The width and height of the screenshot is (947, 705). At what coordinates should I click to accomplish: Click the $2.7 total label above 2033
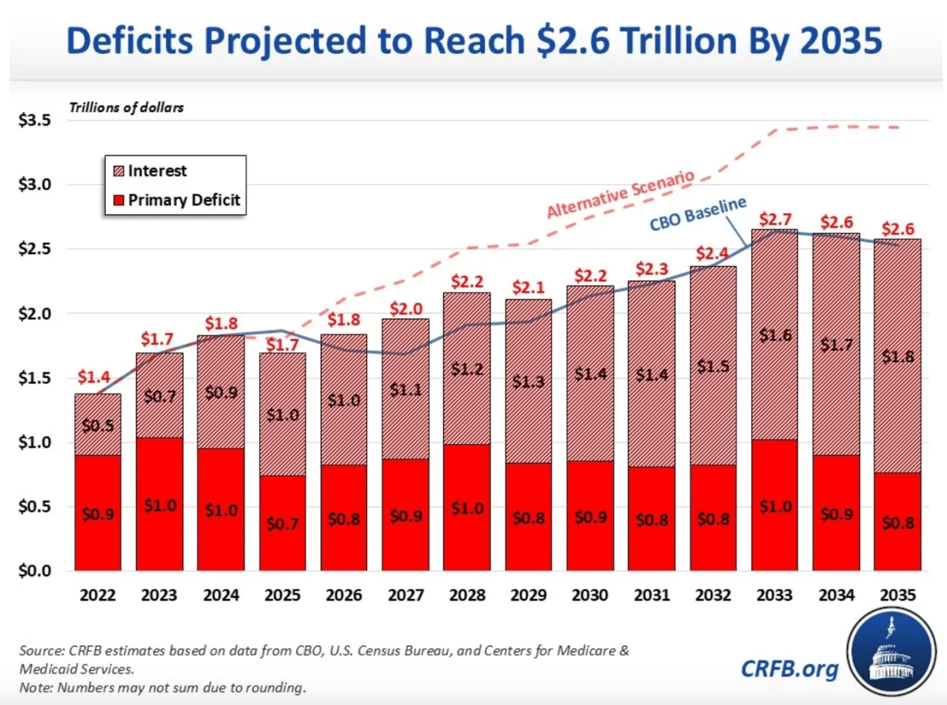(775, 219)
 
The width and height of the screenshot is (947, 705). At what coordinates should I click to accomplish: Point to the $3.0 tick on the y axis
(34, 184)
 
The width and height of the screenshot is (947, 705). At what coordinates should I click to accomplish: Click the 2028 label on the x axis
(467, 595)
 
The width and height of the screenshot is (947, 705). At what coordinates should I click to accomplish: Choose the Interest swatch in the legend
(118, 171)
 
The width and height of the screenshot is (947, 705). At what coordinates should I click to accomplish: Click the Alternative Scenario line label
(620, 194)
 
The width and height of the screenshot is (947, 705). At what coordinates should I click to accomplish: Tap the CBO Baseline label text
(698, 214)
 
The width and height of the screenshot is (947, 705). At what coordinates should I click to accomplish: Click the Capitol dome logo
(891, 652)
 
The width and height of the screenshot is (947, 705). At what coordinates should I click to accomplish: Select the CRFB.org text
(789, 669)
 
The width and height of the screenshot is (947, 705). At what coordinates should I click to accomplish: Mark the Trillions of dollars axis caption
(126, 108)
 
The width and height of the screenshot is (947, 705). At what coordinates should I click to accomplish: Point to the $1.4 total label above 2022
(93, 377)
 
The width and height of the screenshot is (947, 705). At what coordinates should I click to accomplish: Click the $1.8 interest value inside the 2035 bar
(898, 357)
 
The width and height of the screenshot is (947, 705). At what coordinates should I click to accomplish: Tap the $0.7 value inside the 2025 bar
(282, 524)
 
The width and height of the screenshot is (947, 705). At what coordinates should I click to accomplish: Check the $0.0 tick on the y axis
(34, 571)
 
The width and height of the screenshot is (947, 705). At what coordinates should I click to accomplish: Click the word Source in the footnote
(41, 650)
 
